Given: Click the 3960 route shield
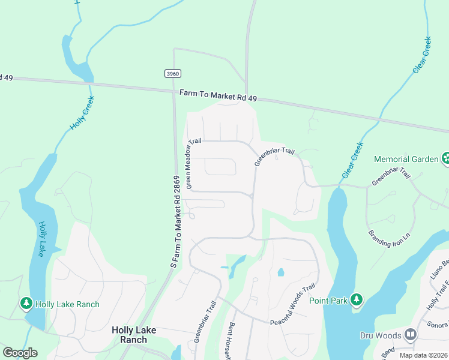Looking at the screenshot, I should click(172, 73).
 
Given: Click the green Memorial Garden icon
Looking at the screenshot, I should click(446, 159).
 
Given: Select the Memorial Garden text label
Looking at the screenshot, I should click(406, 160).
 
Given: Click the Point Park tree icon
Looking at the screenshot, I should click(357, 299).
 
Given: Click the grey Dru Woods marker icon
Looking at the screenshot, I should click(411, 334).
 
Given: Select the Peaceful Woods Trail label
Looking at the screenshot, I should click(293, 305).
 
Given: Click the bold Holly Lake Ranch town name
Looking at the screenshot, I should click(130, 335).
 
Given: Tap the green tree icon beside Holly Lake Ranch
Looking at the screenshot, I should click(26, 304).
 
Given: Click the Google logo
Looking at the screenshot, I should click(20, 353).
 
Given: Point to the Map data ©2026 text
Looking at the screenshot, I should click(423, 355).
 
